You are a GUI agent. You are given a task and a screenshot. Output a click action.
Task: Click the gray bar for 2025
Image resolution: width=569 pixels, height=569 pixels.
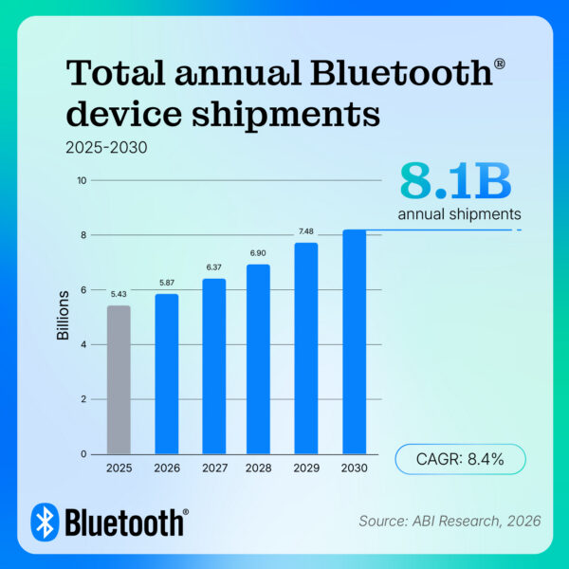click(x=119, y=379)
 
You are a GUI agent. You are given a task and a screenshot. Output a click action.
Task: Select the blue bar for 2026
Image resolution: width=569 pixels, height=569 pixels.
click(x=167, y=374)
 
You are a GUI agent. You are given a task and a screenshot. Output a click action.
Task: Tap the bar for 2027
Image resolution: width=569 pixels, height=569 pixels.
click(x=214, y=366)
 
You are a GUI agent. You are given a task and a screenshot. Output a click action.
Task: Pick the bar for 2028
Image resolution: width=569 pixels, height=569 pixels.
click(x=259, y=359)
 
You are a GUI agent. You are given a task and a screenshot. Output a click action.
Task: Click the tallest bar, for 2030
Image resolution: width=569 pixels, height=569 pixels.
click(x=354, y=341)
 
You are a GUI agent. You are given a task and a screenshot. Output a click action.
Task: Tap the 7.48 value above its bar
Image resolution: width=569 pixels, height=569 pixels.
click(x=306, y=230)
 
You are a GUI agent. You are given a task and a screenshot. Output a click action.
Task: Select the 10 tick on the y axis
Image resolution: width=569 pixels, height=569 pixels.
click(x=82, y=180)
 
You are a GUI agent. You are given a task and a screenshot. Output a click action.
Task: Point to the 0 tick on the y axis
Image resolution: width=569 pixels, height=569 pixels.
click(x=83, y=453)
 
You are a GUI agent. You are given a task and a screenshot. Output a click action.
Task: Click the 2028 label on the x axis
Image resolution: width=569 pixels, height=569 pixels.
click(x=259, y=468)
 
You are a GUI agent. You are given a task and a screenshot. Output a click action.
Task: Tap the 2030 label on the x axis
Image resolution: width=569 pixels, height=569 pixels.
click(x=354, y=468)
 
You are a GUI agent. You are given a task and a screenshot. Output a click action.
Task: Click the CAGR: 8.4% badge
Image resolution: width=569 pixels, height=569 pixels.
click(x=459, y=459)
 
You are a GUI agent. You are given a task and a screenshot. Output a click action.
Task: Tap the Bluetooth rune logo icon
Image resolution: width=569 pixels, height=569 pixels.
click(x=45, y=522)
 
